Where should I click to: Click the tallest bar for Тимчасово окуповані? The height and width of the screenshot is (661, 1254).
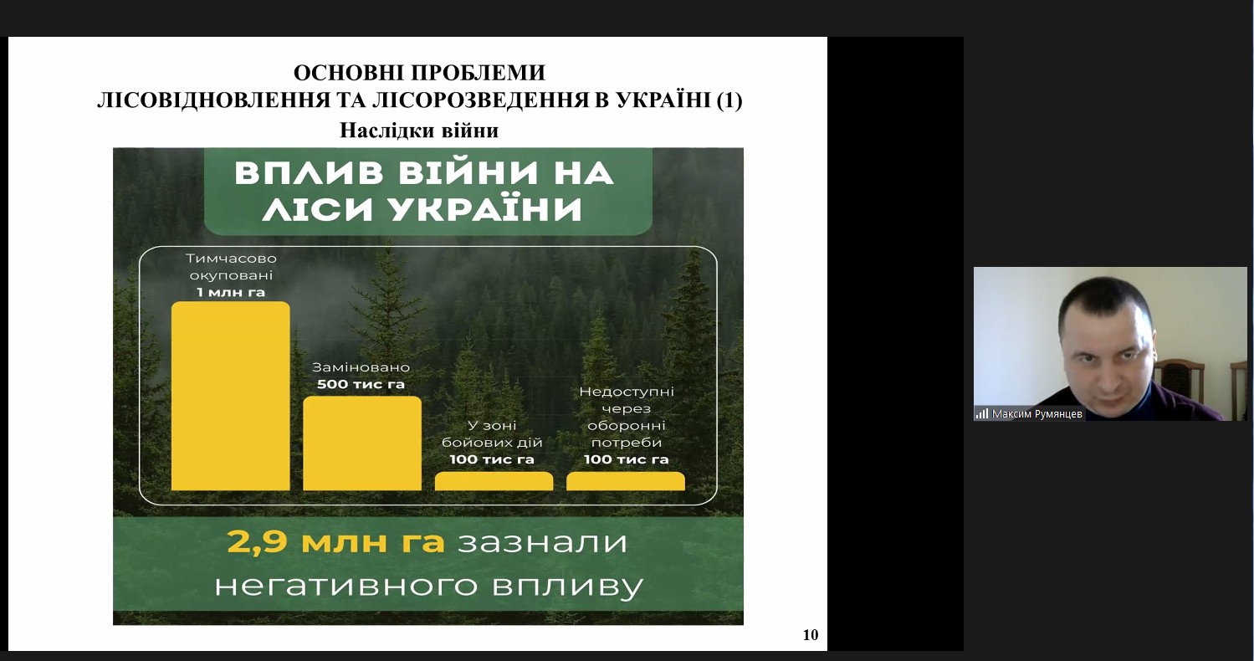tap(231, 397)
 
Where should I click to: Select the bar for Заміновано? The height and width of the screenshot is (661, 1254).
tap(362, 443)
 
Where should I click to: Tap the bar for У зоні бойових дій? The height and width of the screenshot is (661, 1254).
tap(494, 481)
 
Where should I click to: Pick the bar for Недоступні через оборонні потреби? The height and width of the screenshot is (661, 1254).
tap(625, 481)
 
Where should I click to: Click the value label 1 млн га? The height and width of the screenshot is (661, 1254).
tap(231, 292)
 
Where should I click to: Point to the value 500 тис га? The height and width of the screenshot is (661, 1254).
tap(361, 385)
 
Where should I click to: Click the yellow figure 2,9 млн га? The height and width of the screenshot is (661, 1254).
tap(336, 542)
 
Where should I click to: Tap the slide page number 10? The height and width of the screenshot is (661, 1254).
tap(811, 635)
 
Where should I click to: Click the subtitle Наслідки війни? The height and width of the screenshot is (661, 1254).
tap(419, 131)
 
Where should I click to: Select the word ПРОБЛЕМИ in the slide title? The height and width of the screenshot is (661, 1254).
tap(479, 73)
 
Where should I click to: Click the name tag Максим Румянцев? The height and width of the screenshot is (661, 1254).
tap(1036, 414)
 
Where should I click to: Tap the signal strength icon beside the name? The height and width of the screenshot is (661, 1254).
tap(982, 414)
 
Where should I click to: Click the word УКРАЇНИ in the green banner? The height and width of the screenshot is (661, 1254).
tap(485, 210)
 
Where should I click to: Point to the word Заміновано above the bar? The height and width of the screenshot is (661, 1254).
tap(361, 367)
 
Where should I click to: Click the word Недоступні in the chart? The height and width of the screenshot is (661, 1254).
tap(627, 392)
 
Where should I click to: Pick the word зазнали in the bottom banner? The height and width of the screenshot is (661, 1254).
tap(542, 542)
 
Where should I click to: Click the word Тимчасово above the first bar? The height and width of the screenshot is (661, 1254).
tap(231, 259)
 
